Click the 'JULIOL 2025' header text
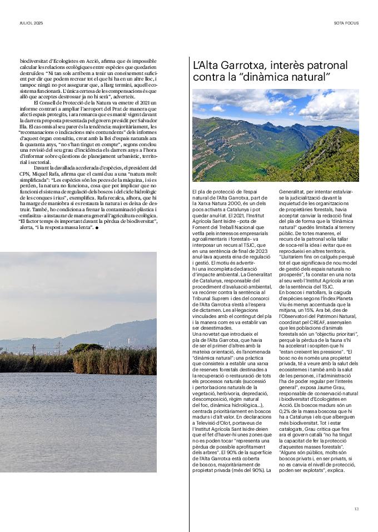point(31,23)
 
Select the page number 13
point(356,508)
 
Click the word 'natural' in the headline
point(310,77)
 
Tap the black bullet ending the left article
point(96,228)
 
